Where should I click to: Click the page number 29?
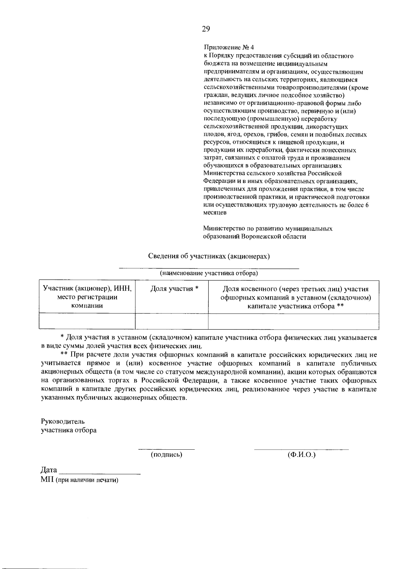(206, 29)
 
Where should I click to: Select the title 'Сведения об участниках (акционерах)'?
(209, 256)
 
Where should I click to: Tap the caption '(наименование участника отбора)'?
(209, 273)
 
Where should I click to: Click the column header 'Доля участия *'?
(174, 289)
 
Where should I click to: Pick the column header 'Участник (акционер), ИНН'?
(87, 289)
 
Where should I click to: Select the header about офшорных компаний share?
(296, 298)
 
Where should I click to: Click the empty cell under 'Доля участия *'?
(171, 321)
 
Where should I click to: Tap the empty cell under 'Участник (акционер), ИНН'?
(87, 321)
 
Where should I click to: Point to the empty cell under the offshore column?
(293, 321)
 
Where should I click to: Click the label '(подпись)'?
(166, 455)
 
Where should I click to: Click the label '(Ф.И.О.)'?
(301, 455)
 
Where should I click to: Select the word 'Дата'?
(49, 470)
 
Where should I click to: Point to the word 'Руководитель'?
(63, 421)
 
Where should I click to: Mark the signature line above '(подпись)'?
(166, 449)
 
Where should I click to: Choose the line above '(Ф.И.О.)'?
(301, 449)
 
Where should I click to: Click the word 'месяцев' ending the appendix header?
(215, 213)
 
